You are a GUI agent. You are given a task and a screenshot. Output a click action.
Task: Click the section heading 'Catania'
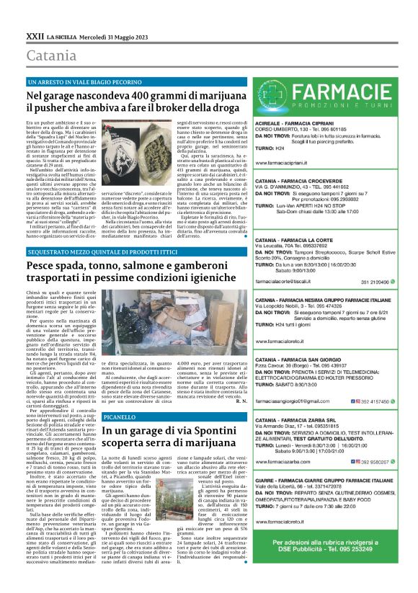pos(49,55)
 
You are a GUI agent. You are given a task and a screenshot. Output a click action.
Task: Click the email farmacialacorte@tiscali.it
pos(289,282)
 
